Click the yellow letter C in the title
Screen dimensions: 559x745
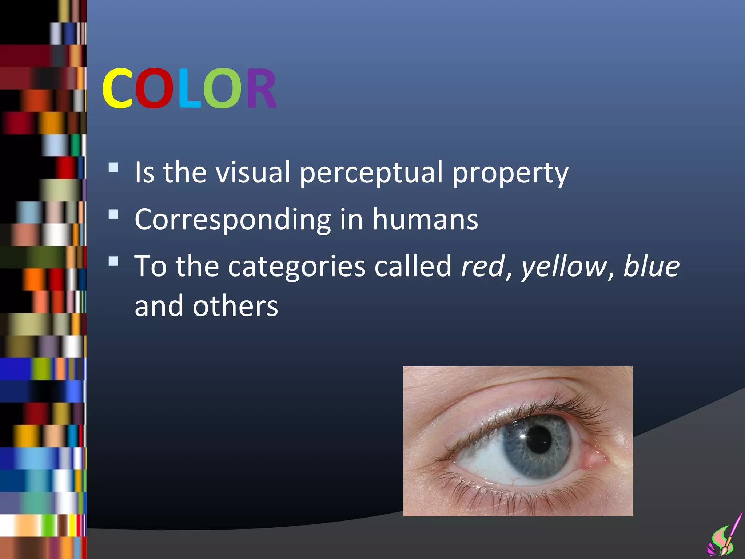(117, 88)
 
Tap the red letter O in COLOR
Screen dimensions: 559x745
(154, 88)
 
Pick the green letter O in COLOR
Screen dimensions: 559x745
(222, 88)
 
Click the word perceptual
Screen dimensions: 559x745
(371, 173)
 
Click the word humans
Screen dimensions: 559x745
(425, 219)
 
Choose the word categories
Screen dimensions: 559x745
(296, 267)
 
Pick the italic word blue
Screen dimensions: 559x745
(651, 266)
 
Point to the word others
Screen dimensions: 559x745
(235, 306)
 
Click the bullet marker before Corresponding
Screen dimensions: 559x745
(113, 214)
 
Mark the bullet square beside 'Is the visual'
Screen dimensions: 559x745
(113, 167)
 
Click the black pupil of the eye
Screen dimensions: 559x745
(539, 440)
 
